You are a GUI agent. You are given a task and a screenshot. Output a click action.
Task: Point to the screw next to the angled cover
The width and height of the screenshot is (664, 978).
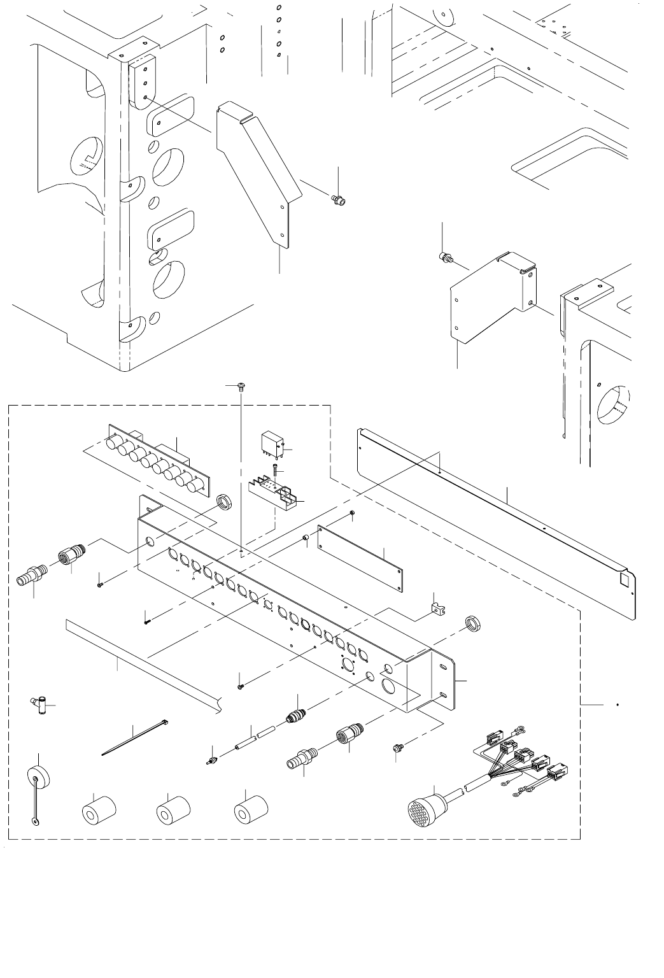338,201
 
